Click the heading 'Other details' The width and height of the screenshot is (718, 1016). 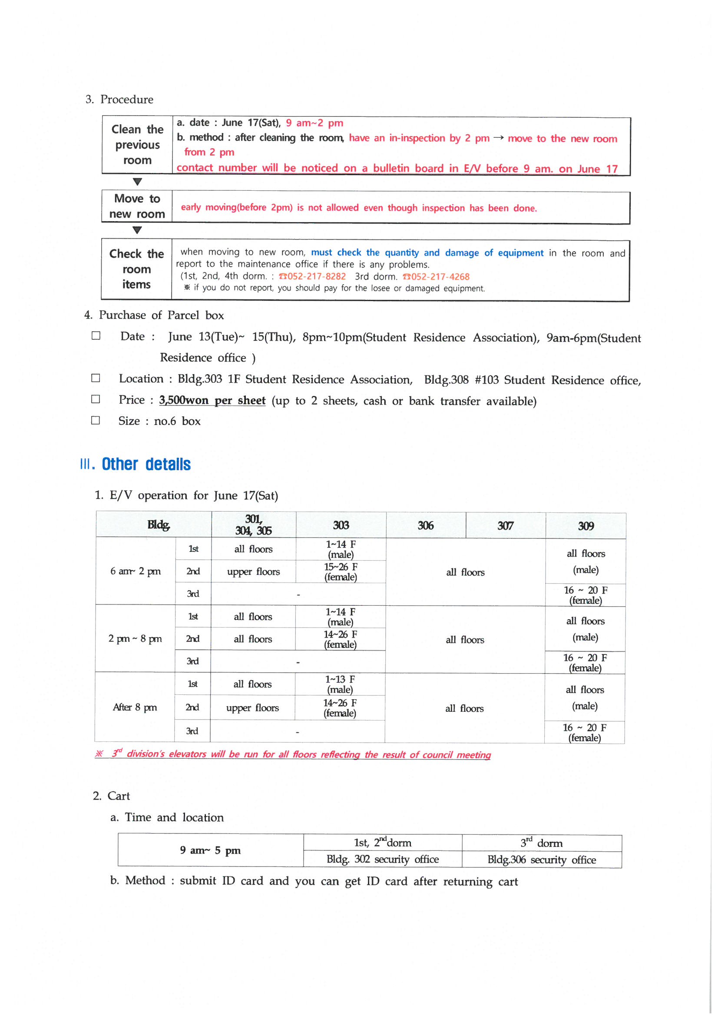tap(146, 464)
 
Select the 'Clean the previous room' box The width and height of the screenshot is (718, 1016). tap(137, 145)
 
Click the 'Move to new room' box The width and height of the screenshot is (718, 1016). tap(137, 206)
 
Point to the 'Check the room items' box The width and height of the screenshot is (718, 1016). tap(136, 269)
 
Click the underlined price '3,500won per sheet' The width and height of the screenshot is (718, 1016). tap(212, 401)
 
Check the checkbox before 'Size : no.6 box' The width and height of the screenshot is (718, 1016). tap(96, 420)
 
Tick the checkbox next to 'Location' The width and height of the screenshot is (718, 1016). tap(96, 379)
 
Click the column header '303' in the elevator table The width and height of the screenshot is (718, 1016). tap(341, 525)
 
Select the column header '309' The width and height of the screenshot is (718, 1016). tap(586, 526)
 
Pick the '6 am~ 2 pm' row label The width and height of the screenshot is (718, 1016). tap(136, 571)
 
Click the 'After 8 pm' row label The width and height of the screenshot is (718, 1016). tap(135, 707)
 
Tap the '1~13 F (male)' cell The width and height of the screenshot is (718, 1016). tap(340, 684)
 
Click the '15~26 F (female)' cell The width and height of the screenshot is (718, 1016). tap(341, 572)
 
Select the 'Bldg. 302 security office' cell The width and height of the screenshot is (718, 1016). tap(383, 860)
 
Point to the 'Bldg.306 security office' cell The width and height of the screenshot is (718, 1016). tap(542, 860)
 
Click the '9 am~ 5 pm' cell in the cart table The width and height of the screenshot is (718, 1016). tap(210, 850)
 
